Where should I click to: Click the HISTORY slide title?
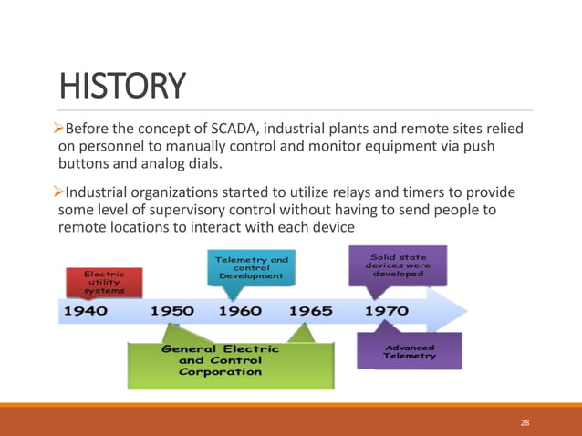tap(122, 87)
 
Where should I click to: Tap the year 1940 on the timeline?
tap(85, 311)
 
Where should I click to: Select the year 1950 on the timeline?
tap(172, 311)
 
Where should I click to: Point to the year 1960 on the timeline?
tap(241, 311)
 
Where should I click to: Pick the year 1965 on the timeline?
tap(311, 311)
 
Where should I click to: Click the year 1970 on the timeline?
tap(387, 311)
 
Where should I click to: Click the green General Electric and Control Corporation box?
tap(222, 360)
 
